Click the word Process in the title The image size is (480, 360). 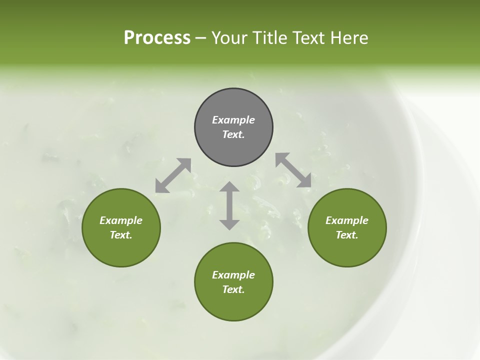click(157, 38)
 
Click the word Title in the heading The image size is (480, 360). click(268, 38)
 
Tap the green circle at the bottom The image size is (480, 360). click(233, 305)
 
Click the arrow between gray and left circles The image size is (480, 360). click(173, 175)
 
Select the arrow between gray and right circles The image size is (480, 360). click(293, 170)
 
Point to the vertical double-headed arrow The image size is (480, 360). click(229, 205)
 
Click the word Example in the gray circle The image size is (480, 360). click(233, 120)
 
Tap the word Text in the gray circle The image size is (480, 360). click(233, 134)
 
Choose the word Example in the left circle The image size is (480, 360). click(121, 220)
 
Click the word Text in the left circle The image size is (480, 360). click(120, 235)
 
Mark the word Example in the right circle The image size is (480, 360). click(347, 220)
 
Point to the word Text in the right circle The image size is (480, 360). click(346, 235)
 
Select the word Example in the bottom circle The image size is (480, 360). click(233, 275)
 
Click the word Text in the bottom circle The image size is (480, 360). click(233, 289)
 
